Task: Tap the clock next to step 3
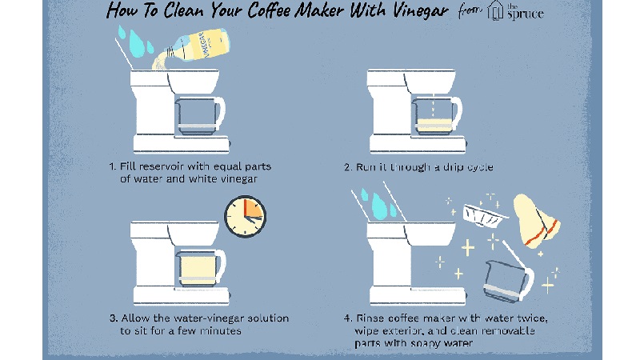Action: point(245,216)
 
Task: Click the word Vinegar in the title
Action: point(421,11)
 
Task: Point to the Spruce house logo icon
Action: point(495,10)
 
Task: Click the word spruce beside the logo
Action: point(526,14)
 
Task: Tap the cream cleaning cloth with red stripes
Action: point(536,222)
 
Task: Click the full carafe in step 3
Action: point(201,268)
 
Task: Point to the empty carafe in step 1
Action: point(200,116)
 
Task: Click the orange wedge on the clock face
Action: point(252,209)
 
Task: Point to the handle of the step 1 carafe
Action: point(220,112)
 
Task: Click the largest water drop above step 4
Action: point(378,206)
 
